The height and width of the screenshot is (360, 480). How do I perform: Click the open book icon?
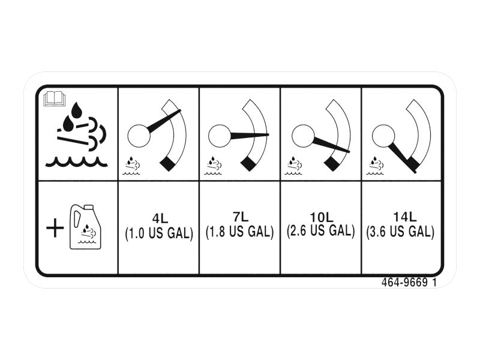coord(55,99)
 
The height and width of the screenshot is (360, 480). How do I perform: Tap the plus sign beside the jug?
coord(55,228)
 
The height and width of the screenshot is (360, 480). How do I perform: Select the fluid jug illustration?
coord(86,227)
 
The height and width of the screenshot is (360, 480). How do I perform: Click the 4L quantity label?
coord(160,218)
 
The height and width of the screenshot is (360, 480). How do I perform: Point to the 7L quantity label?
coord(241,217)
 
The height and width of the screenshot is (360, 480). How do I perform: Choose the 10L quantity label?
coord(321,217)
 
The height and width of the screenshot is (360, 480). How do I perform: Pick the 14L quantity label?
coord(404,217)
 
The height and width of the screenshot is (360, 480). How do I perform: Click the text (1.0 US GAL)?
coord(159,233)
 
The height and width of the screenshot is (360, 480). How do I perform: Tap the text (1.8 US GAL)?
coord(239,232)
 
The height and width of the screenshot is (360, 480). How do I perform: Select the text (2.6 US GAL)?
coord(321,230)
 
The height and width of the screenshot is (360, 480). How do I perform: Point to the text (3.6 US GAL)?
coord(400,232)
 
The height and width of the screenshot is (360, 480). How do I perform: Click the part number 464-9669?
coord(404,282)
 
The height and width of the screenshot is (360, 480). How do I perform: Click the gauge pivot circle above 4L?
coord(139,136)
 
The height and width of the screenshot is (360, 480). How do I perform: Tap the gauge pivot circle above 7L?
coord(220,136)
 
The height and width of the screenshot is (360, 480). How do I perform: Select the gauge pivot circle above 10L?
coord(303,136)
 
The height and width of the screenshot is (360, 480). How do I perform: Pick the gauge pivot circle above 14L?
coord(383,136)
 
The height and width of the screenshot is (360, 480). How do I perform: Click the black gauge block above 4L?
coord(168,163)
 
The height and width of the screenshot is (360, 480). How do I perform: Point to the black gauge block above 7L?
coord(248,163)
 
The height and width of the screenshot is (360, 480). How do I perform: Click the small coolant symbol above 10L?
coord(293,166)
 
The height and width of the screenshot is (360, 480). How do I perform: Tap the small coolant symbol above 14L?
coord(375,166)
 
